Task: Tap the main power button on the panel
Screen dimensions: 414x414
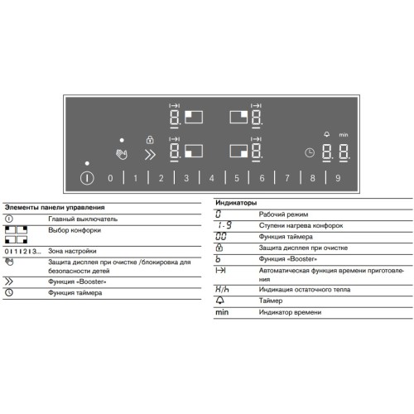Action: point(87,178)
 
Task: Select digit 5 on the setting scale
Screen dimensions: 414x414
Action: point(237,178)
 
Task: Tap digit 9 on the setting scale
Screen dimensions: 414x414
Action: point(338,178)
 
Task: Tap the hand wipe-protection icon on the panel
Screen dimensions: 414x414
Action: point(123,153)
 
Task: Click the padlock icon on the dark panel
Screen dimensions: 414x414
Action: point(149,139)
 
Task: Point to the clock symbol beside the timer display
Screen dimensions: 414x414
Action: point(309,153)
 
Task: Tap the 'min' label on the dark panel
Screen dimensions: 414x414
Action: point(343,134)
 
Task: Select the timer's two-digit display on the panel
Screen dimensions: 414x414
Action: point(335,153)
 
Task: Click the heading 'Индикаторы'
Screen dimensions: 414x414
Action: point(236,203)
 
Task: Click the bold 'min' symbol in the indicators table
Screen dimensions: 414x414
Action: point(222,312)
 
